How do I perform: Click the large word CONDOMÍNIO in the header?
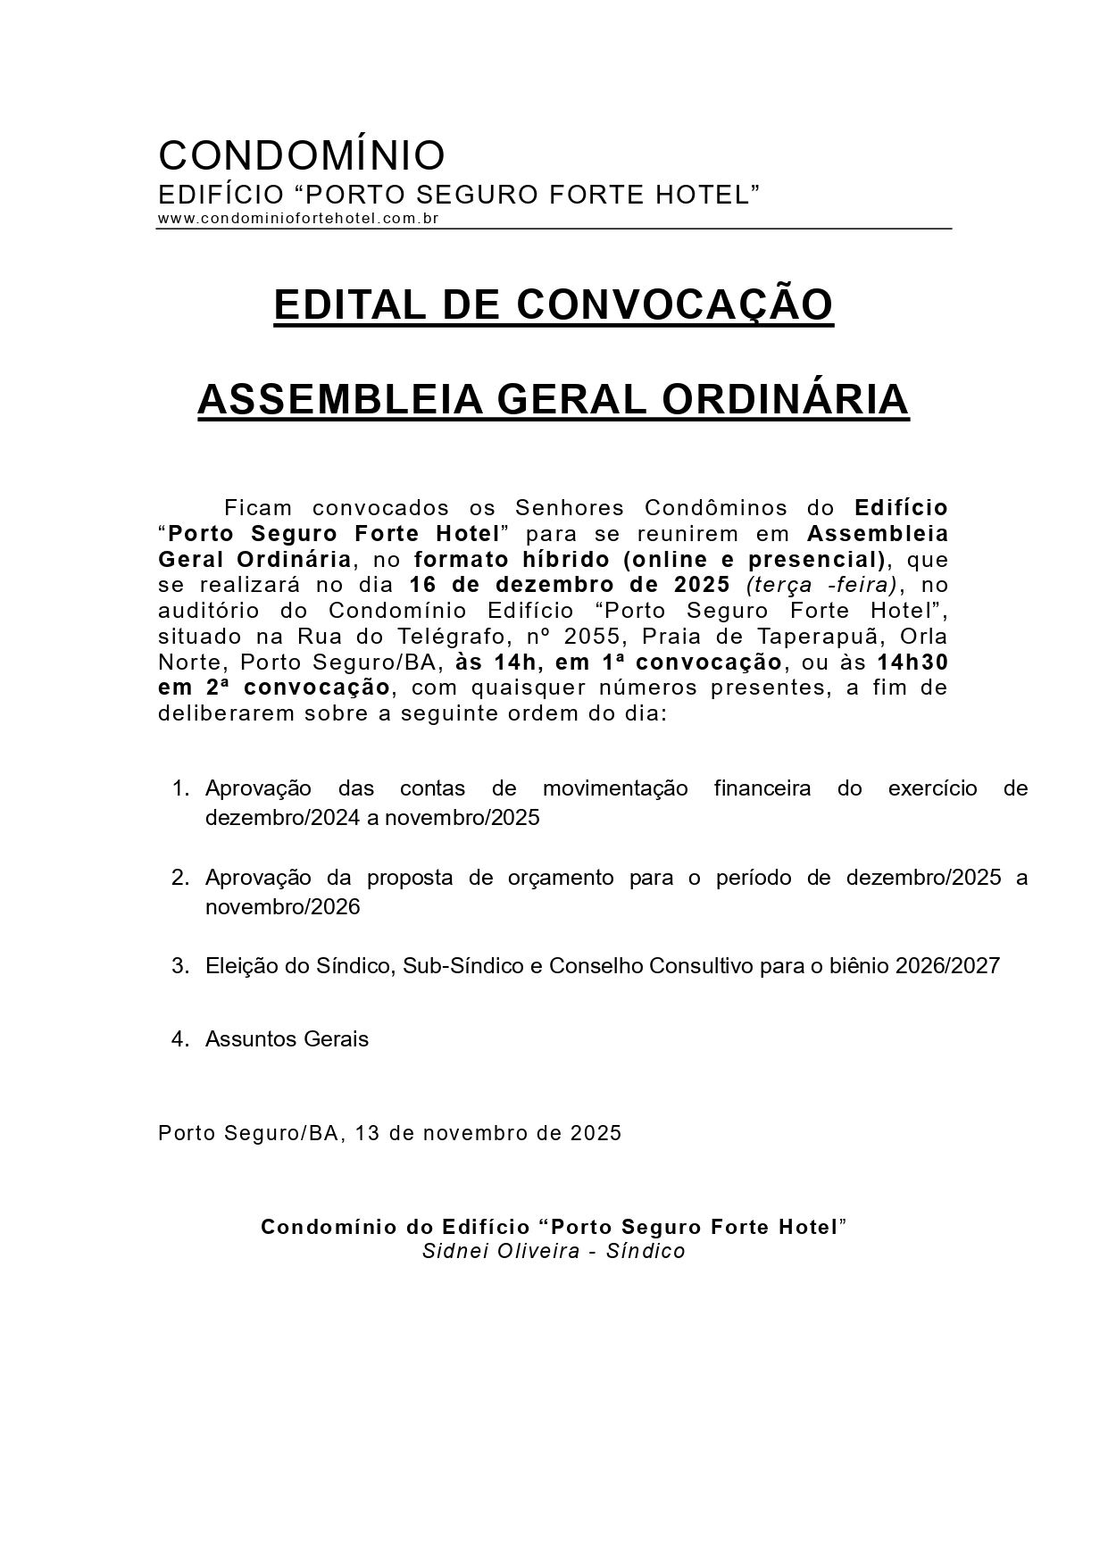(x=302, y=155)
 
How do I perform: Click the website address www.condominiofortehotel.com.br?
(x=298, y=219)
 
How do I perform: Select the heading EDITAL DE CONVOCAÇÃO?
(x=554, y=305)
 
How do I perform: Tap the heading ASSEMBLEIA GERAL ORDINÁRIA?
(x=554, y=400)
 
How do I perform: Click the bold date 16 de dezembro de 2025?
(x=570, y=586)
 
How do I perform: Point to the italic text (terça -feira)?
(x=821, y=586)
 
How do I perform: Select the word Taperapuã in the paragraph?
(x=837, y=638)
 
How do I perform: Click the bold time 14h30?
(x=912, y=663)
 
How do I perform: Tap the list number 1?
(x=180, y=788)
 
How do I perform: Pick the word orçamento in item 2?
(x=562, y=878)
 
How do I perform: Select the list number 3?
(x=180, y=966)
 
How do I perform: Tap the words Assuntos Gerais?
(x=287, y=1039)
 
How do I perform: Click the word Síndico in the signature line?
(x=646, y=1251)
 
